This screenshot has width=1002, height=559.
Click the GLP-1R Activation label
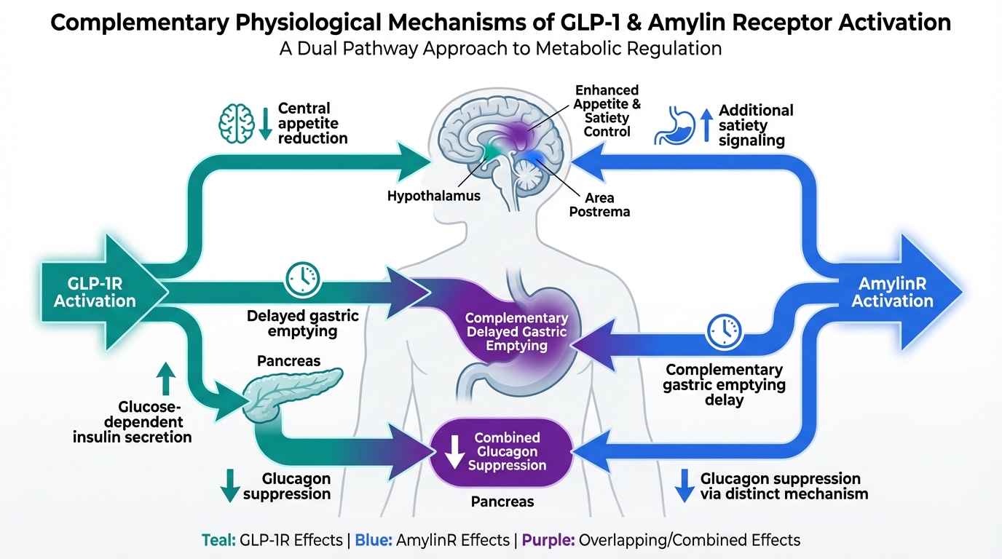(x=95, y=291)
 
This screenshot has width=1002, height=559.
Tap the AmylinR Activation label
(x=892, y=291)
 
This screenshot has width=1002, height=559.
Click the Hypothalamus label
(x=434, y=196)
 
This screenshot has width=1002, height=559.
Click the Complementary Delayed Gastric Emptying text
(x=516, y=332)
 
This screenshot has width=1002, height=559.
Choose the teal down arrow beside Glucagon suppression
(x=230, y=485)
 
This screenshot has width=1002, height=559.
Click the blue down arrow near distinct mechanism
(x=684, y=485)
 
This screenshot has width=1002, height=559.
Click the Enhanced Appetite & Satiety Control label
(x=607, y=111)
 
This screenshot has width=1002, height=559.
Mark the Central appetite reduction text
(x=312, y=123)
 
